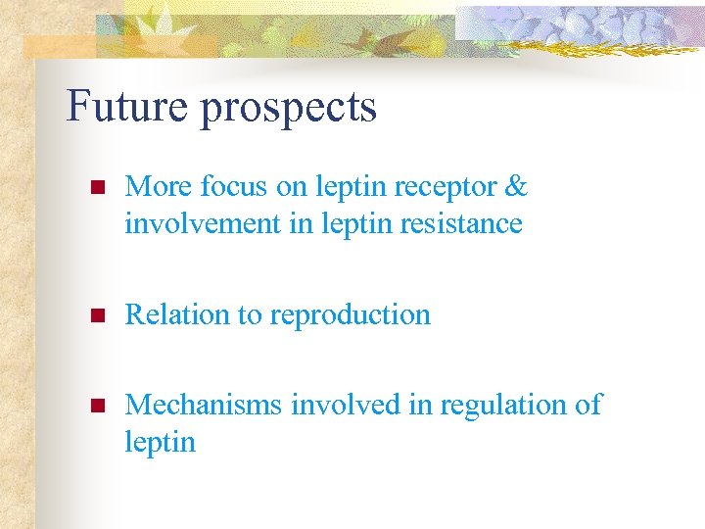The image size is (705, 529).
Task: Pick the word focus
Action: click(x=224, y=186)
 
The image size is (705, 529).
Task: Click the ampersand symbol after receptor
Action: click(x=517, y=186)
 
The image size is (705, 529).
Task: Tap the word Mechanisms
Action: click(x=204, y=405)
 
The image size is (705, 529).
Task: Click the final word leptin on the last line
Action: click(x=160, y=443)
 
